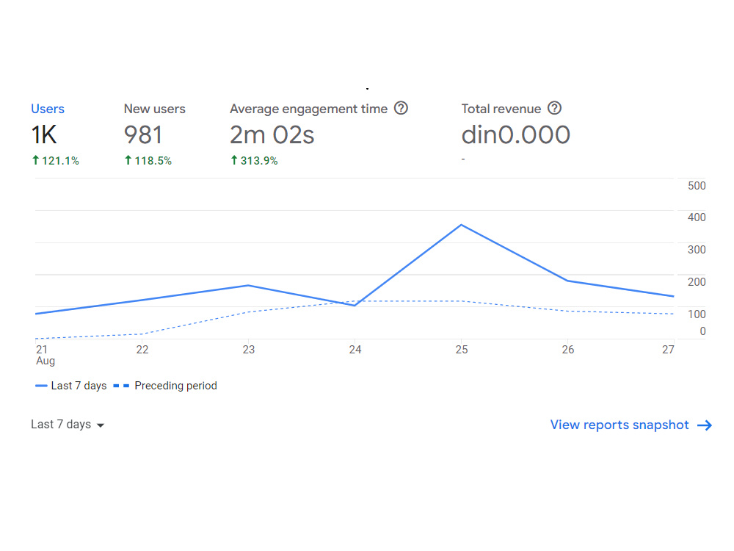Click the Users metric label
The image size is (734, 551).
click(x=47, y=109)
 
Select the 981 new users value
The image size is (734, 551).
click(x=143, y=135)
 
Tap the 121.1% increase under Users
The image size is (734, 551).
click(x=55, y=161)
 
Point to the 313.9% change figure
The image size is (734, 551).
click(x=254, y=161)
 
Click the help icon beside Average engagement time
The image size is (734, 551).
click(x=401, y=108)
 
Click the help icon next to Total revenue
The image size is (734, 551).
click(x=554, y=108)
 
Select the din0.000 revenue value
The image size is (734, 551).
click(x=516, y=135)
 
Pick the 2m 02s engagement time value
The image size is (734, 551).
click(x=272, y=135)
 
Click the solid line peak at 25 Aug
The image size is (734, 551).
click(x=461, y=225)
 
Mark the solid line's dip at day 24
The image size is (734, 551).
click(x=355, y=306)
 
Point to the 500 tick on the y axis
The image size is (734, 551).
click(x=697, y=186)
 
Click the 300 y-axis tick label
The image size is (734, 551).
click(x=697, y=250)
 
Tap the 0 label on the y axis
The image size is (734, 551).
click(x=702, y=331)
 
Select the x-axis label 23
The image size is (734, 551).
click(x=249, y=350)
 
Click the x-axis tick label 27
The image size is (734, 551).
click(x=668, y=350)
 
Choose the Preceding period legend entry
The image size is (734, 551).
click(x=165, y=386)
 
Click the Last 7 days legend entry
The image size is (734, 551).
click(x=70, y=386)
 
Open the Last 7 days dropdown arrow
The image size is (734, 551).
click(x=100, y=425)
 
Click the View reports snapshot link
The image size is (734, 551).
click(x=619, y=425)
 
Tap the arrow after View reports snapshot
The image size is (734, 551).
click(x=705, y=425)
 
